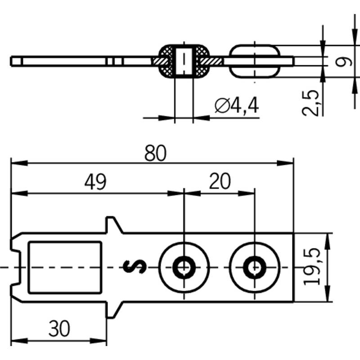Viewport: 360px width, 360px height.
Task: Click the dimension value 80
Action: (155, 153)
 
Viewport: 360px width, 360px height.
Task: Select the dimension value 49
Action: (95, 182)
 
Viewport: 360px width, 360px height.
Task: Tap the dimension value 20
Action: (220, 181)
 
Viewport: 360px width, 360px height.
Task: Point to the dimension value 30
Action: (59, 328)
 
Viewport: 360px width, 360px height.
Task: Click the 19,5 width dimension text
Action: (311, 266)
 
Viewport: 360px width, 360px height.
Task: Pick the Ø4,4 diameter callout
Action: (237, 105)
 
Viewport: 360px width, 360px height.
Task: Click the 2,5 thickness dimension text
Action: (310, 103)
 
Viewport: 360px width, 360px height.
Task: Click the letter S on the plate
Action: (134, 267)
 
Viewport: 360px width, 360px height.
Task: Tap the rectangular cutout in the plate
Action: (65, 267)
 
